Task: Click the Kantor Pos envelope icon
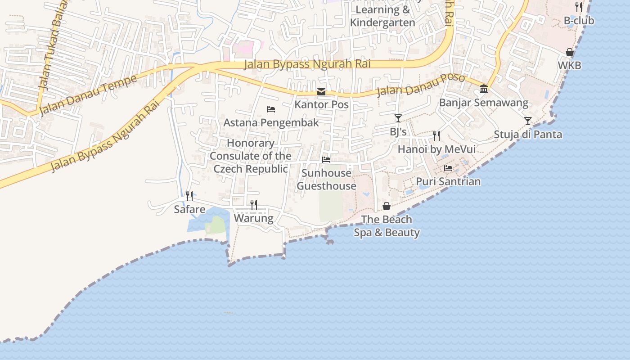coord(321,92)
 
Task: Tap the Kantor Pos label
coord(321,104)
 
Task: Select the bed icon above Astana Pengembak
coord(271,109)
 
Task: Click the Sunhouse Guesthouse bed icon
coord(326,160)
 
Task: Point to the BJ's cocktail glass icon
coord(398,118)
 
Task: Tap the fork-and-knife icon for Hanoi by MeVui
coord(436,135)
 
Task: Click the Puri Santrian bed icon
coord(448,168)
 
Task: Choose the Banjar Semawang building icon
coord(484,89)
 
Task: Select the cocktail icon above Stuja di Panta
coord(527,121)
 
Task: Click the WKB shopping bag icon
coord(570,52)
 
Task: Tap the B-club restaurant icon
coord(579,7)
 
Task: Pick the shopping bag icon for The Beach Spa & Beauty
coord(387,206)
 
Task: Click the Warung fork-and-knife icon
coord(254,205)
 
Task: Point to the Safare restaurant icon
coord(189,196)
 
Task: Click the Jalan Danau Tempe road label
coord(88,95)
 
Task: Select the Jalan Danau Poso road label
coord(420,85)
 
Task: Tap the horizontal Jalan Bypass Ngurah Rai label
coord(307,64)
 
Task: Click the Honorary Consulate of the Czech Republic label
coord(251,156)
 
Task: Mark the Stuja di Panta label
coord(528,134)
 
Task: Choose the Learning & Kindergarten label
coord(382,16)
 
